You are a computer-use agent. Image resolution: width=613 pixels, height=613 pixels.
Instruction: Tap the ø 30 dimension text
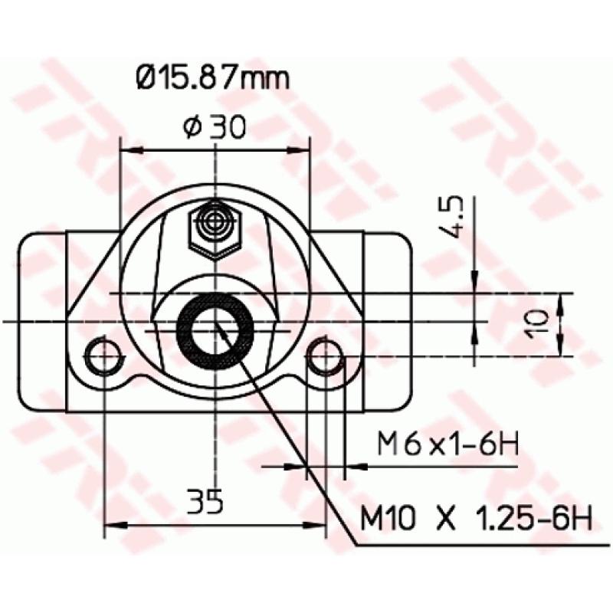(215, 126)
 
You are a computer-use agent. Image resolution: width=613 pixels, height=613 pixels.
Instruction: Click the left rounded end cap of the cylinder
(42, 322)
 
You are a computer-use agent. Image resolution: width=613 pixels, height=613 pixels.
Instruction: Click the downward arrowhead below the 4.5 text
(474, 283)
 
